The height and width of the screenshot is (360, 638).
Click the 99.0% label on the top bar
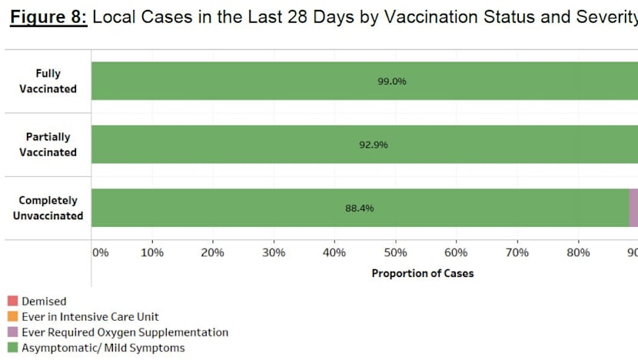(392, 81)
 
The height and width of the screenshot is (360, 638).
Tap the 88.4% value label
(359, 208)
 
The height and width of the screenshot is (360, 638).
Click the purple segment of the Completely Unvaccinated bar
(633, 208)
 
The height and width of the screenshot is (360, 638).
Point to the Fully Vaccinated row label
(55, 81)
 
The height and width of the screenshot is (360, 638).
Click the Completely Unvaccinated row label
(48, 208)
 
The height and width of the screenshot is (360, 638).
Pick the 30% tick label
(274, 252)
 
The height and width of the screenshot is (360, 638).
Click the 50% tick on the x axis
(395, 252)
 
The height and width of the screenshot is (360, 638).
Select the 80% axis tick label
(578, 252)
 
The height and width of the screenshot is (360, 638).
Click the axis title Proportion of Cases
(423, 273)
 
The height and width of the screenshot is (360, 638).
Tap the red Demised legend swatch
(12, 302)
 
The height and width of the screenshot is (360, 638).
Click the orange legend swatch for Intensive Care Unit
(12, 317)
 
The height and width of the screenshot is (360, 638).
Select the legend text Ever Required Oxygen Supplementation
(125, 332)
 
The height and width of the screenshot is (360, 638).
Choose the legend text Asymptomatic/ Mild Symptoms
(103, 348)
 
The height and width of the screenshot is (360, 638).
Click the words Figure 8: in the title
(48, 17)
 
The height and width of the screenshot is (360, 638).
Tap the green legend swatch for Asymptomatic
(12, 348)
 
